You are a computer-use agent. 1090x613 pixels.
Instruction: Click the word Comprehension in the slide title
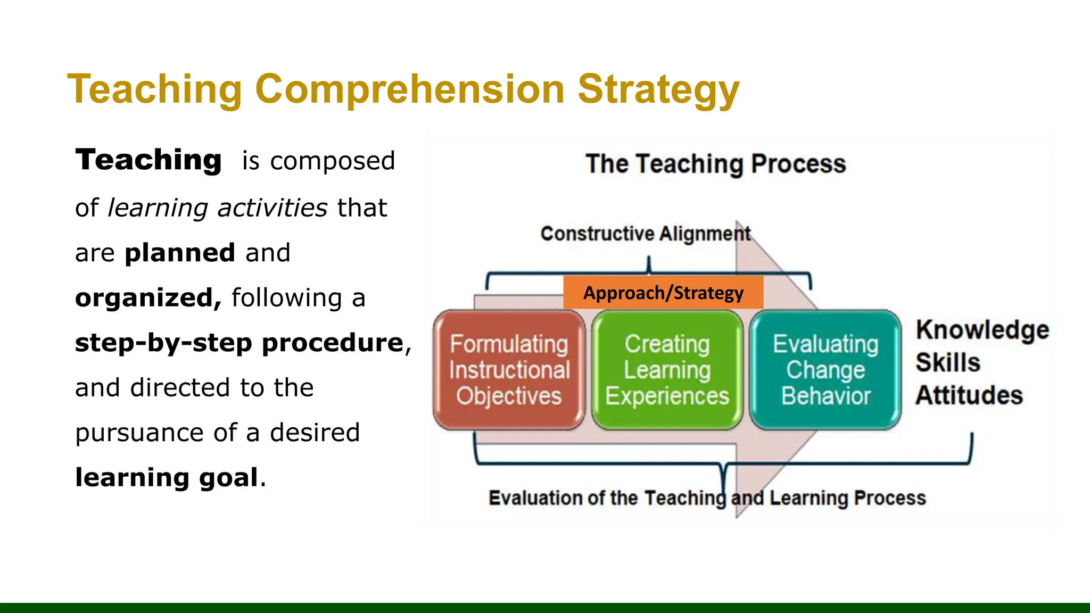point(409,89)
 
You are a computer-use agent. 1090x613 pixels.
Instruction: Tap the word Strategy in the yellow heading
point(658,89)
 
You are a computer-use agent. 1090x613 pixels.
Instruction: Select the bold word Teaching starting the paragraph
point(148,160)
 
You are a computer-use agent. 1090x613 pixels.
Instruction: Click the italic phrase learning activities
point(217,208)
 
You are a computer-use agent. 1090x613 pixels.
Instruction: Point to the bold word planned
point(180,253)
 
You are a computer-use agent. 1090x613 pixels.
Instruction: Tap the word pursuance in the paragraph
point(139,433)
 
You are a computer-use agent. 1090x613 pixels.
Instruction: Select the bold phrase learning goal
point(167,477)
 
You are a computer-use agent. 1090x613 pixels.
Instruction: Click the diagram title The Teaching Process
point(715,164)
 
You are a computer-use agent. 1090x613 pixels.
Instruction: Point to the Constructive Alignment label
point(645,234)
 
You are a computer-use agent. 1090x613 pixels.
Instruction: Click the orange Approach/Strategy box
point(663,293)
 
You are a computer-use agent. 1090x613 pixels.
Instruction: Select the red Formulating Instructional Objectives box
point(509,370)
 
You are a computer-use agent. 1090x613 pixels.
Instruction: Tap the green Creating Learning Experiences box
point(667,370)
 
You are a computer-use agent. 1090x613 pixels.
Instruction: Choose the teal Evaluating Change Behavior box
point(825,370)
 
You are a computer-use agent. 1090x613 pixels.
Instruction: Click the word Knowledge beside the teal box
point(982,330)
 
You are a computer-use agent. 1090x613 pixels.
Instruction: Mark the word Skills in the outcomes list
point(948,363)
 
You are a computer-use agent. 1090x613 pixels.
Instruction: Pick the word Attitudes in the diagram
point(969,395)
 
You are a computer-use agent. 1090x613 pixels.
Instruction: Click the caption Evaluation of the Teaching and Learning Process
point(707,498)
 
